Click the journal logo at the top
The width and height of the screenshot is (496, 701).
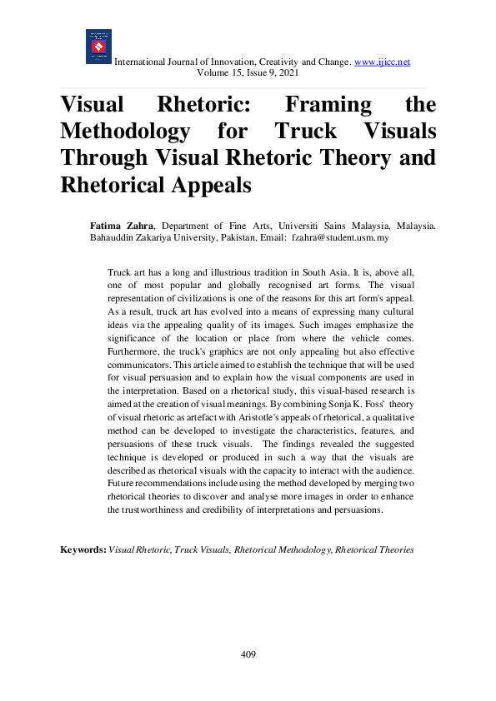coord(98,47)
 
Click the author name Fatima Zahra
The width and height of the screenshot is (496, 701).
coord(123,226)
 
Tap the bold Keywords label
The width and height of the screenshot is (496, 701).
coord(83,550)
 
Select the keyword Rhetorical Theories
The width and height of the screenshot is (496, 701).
coord(374,550)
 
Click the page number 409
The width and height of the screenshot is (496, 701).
coord(248,654)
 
